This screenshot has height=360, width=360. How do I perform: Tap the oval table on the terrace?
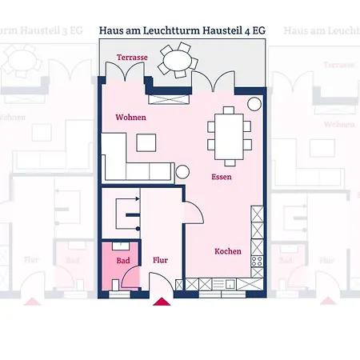pos(176,58)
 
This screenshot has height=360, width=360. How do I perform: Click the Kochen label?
pos(227,251)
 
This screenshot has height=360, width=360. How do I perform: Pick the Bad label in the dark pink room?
pos(122,261)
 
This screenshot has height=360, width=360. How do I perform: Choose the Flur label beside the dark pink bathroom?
pos(160,261)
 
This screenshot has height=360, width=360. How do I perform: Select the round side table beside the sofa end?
pos(182,170)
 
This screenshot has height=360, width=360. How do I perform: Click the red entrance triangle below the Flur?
pos(162,302)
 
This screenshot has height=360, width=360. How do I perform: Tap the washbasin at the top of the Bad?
pos(120,245)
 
